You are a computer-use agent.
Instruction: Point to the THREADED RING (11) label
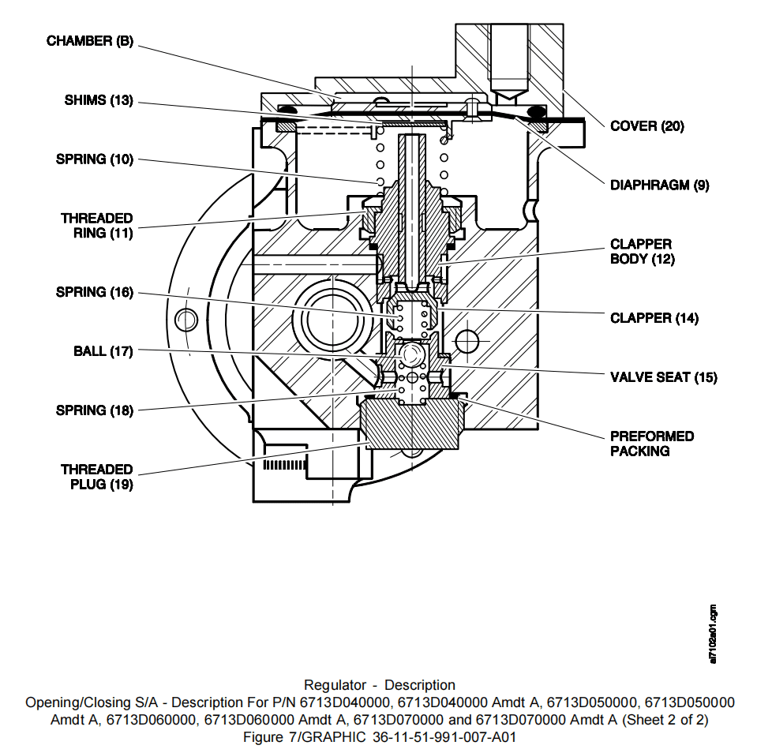pyautogui.click(x=97, y=226)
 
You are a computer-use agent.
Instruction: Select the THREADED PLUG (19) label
pyautogui.click(x=97, y=477)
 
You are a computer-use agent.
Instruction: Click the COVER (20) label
pyautogui.click(x=647, y=126)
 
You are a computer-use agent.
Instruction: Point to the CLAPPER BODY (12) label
pyautogui.click(x=642, y=252)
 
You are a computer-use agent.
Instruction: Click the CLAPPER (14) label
pyautogui.click(x=654, y=318)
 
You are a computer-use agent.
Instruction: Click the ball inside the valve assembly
pyautogui.click(x=410, y=355)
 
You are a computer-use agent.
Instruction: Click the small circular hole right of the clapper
pyautogui.click(x=467, y=341)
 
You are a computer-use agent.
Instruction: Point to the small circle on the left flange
pyautogui.click(x=186, y=320)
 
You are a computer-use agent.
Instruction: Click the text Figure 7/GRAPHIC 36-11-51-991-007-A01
pyautogui.click(x=380, y=736)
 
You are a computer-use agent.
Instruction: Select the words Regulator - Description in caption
pyautogui.click(x=380, y=685)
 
